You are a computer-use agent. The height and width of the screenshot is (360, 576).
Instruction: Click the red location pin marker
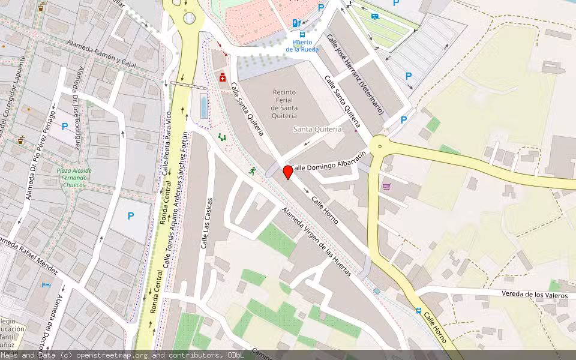[288, 172]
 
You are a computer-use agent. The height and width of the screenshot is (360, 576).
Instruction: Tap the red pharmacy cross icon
[222, 77]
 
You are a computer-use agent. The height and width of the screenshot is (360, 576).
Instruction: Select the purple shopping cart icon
[386, 187]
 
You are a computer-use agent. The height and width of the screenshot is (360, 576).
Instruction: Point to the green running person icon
[253, 170]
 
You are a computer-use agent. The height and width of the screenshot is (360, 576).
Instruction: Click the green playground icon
[222, 137]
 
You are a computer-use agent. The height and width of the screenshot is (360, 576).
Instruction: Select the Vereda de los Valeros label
[519, 295]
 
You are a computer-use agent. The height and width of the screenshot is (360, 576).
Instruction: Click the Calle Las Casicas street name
[207, 223]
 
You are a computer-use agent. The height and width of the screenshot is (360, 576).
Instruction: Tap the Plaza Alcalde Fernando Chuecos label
[74, 178]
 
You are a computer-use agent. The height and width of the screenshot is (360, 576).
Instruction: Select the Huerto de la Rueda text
[302, 46]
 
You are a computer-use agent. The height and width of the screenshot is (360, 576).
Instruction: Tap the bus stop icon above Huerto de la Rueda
[302, 34]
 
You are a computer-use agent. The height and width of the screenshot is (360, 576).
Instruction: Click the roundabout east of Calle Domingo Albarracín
[379, 145]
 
